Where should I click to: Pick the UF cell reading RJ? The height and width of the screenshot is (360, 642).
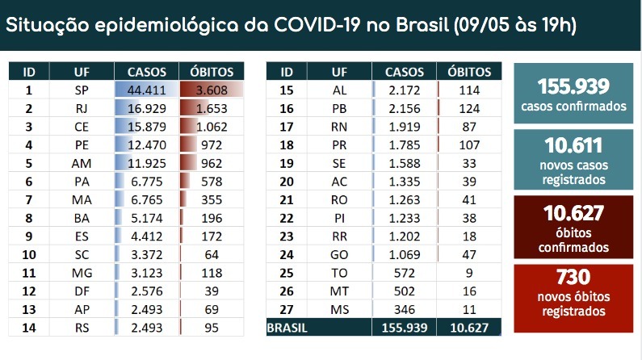point(79,107)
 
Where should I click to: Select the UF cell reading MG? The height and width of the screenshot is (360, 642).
point(79,274)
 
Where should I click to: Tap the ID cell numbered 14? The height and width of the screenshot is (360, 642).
point(28,327)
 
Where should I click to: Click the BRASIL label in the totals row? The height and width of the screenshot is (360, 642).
point(288,327)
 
